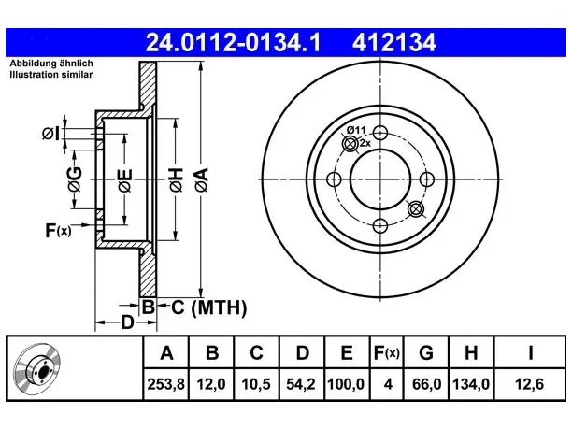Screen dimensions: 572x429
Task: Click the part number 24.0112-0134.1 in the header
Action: point(233,43)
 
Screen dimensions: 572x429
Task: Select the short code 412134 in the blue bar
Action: point(394,43)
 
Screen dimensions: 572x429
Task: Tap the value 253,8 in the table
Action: point(166,384)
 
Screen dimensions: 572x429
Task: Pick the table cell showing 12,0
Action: point(211,384)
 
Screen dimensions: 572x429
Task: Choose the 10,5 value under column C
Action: point(256,384)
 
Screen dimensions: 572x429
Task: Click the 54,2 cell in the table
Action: point(301,384)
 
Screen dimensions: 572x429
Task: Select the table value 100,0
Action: point(346,384)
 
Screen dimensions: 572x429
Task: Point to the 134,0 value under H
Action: point(471,384)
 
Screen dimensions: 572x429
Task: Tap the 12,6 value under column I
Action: point(530,384)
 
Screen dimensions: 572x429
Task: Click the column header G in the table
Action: point(426,352)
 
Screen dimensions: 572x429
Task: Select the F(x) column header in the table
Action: point(387,352)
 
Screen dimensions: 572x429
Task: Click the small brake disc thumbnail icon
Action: point(37,368)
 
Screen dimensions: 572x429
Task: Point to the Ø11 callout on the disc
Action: point(356,130)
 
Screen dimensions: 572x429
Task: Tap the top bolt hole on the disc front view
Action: point(380,133)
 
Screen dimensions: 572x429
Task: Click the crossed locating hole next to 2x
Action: point(350,144)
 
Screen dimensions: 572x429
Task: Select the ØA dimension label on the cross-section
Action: point(202,179)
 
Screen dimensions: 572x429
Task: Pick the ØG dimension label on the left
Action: point(75,179)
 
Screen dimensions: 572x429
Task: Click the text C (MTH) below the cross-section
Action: point(208,307)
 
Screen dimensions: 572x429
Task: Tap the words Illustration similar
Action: point(51,75)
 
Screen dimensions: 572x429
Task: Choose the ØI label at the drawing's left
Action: point(50,134)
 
